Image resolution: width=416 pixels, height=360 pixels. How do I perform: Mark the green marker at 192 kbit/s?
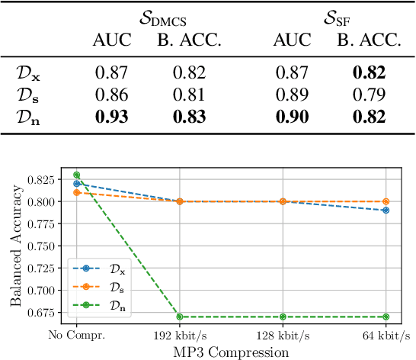(180, 317)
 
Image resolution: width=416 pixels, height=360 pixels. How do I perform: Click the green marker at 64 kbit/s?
(386, 317)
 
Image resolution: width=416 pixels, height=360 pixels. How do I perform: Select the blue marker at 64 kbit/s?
(386, 210)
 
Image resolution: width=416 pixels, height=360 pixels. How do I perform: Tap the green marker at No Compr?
(76, 175)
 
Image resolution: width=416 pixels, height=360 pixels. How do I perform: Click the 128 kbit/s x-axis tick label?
(283, 336)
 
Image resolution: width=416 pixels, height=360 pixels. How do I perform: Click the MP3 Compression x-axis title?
(231, 352)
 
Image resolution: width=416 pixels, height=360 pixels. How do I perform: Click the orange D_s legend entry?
(104, 287)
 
